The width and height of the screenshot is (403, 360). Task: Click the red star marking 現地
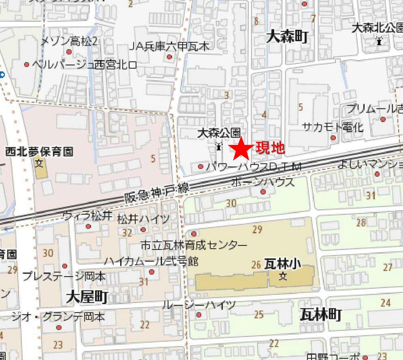pyautogui.click(x=242, y=148)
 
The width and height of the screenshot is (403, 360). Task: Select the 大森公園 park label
pyautogui.click(x=219, y=133)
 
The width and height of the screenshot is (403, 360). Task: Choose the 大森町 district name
pyautogui.click(x=287, y=37)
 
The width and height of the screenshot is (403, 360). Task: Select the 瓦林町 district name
pyautogui.click(x=321, y=314)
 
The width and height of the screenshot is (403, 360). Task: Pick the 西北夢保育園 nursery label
pyautogui.click(x=39, y=152)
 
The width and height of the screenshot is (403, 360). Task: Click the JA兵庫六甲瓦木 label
pyautogui.click(x=169, y=46)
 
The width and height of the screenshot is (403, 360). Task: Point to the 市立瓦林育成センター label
pyautogui.click(x=194, y=245)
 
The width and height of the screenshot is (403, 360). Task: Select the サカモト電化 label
pyautogui.click(x=333, y=128)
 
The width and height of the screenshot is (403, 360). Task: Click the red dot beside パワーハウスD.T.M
pyautogui.click(x=201, y=166)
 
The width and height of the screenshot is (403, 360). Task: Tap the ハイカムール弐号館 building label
pyautogui.click(x=151, y=261)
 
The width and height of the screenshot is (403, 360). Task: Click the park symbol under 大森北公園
pyautogui.click(x=379, y=40)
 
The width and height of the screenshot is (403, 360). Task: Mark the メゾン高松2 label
pyautogui.click(x=69, y=42)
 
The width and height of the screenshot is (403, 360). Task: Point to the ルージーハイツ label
pyautogui.click(x=198, y=305)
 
